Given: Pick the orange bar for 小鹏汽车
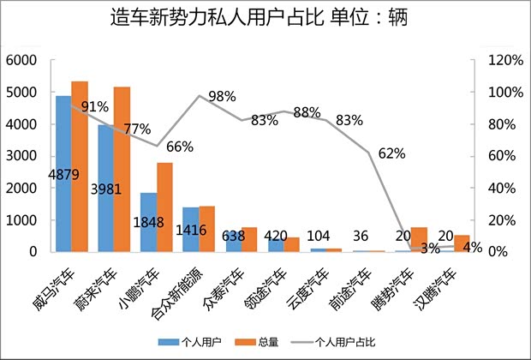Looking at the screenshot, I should (164, 207).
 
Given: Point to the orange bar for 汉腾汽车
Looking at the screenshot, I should (462, 243).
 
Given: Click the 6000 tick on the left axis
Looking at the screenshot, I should (21, 60).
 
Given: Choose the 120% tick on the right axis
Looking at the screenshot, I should (505, 60).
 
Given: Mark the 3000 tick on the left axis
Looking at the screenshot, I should (21, 156).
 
